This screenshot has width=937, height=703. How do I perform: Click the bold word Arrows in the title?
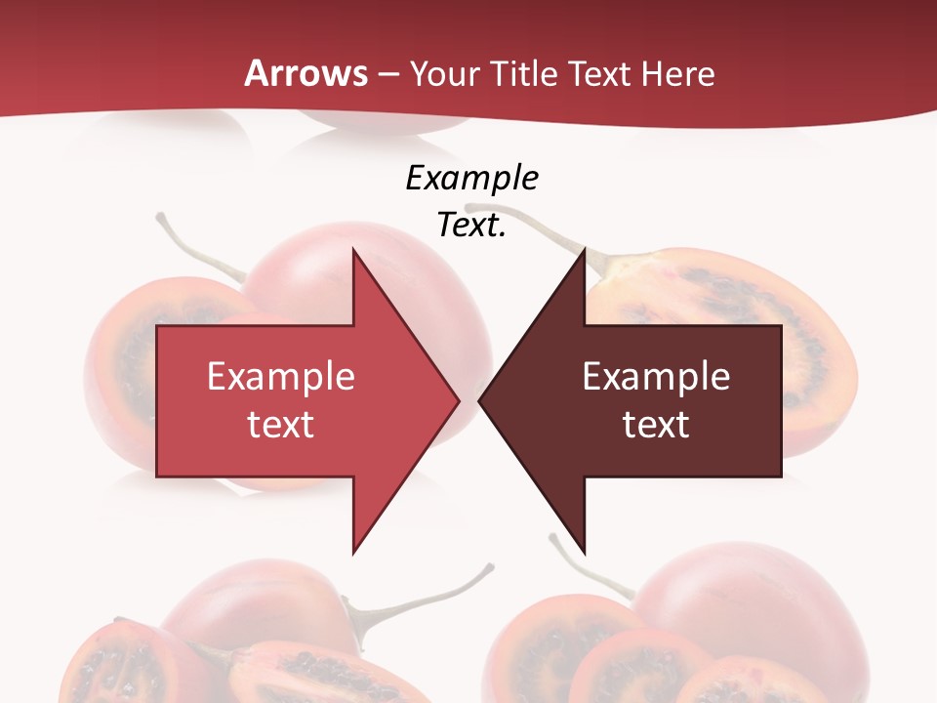click(x=306, y=73)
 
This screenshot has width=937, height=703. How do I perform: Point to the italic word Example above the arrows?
click(x=471, y=179)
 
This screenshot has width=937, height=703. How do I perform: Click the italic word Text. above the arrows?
click(x=471, y=225)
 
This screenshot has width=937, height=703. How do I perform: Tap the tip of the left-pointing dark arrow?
click(x=481, y=400)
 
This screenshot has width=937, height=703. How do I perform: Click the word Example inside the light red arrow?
click(x=281, y=377)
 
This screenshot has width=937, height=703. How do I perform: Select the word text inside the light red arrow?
click(x=281, y=424)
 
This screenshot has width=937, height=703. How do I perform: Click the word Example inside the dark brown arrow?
click(x=656, y=377)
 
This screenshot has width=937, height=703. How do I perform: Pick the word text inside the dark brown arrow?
click(x=656, y=424)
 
